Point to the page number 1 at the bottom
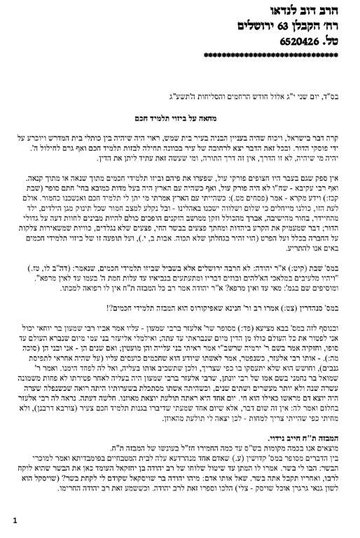click(13, 520)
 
